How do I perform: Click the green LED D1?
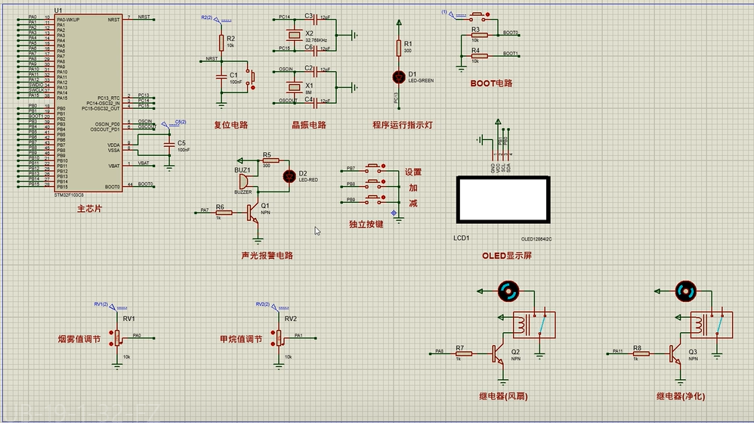(x=399, y=76)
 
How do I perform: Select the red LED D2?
(x=289, y=176)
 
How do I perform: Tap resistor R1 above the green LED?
(x=399, y=48)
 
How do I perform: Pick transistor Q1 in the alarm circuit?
(x=252, y=213)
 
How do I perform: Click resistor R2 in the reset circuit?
(x=221, y=42)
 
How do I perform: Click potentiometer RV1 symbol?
(x=118, y=336)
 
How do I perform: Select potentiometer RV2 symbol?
(x=279, y=336)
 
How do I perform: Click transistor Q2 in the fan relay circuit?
(x=498, y=353)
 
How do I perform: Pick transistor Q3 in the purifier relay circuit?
(x=675, y=353)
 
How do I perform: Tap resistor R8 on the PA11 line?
(x=638, y=353)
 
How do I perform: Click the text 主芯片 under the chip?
(x=89, y=208)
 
